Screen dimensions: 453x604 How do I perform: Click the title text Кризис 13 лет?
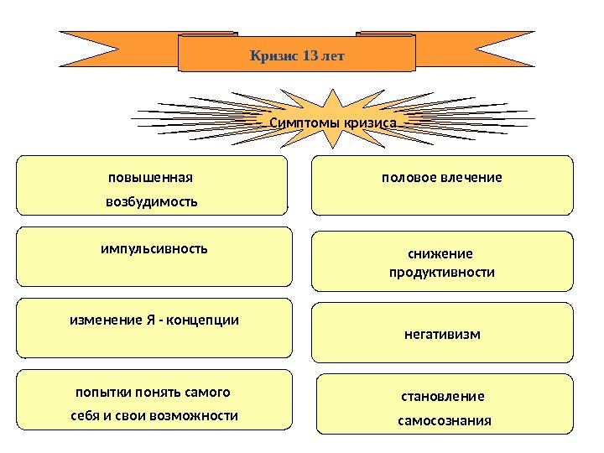(298, 56)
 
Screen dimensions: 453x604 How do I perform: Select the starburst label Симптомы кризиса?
(332, 124)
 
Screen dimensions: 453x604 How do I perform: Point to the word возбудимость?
(151, 202)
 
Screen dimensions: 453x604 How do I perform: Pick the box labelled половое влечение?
(442, 184)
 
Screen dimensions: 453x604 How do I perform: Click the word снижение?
(441, 254)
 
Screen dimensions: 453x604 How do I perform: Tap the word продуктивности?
(442, 273)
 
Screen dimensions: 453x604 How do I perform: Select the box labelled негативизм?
(442, 334)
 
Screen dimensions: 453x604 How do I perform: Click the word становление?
(444, 396)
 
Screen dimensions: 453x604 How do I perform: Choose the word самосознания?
(444, 419)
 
